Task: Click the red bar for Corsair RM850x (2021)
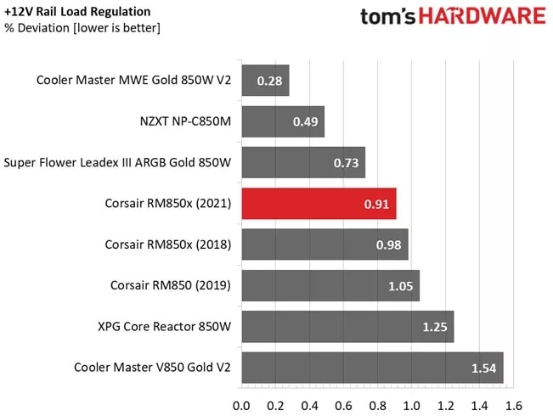[319, 204]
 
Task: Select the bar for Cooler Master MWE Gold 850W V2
[265, 81]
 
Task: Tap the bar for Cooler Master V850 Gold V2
[372, 368]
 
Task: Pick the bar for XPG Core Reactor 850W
[347, 327]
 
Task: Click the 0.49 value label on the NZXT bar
[306, 122]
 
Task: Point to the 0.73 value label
[347, 163]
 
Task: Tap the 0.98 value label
[389, 245]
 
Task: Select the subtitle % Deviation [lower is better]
[82, 28]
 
